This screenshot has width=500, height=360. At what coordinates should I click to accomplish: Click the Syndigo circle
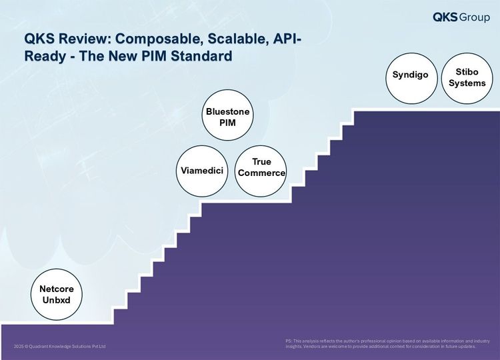[411, 78]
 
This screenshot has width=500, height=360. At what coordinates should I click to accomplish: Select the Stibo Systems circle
[467, 78]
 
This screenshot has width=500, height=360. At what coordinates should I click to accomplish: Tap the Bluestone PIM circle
[228, 115]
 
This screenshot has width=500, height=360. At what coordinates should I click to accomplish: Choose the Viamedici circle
[202, 171]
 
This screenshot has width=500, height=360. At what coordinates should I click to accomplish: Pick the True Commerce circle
[261, 171]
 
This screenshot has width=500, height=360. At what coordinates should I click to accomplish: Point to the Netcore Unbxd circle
[57, 294]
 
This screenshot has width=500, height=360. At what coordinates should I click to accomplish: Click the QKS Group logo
[461, 17]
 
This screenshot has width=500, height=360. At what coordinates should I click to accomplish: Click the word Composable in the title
[159, 39]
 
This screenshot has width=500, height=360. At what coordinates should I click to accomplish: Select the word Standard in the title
[201, 56]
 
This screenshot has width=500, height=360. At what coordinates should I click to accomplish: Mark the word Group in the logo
[475, 17]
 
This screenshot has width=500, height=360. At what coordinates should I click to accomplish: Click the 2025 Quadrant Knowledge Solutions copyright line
[59, 346]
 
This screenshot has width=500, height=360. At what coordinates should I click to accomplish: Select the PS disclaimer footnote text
[388, 343]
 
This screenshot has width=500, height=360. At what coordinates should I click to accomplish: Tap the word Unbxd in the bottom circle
[57, 300]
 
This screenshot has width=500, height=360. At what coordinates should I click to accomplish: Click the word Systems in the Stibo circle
[467, 83]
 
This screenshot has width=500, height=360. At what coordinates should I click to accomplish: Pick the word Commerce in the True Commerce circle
[261, 173]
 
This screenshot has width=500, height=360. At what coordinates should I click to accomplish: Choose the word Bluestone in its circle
[228, 111]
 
